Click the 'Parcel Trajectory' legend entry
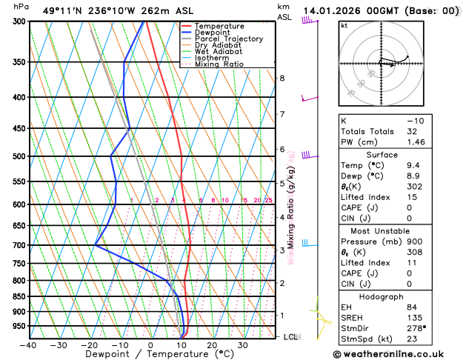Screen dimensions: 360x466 [x=228, y=39]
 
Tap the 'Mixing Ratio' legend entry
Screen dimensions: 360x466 [x=219, y=64]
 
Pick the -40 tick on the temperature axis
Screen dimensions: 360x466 [x=28, y=345]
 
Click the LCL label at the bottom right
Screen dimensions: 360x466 [x=291, y=337]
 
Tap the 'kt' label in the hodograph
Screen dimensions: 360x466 [x=344, y=25]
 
